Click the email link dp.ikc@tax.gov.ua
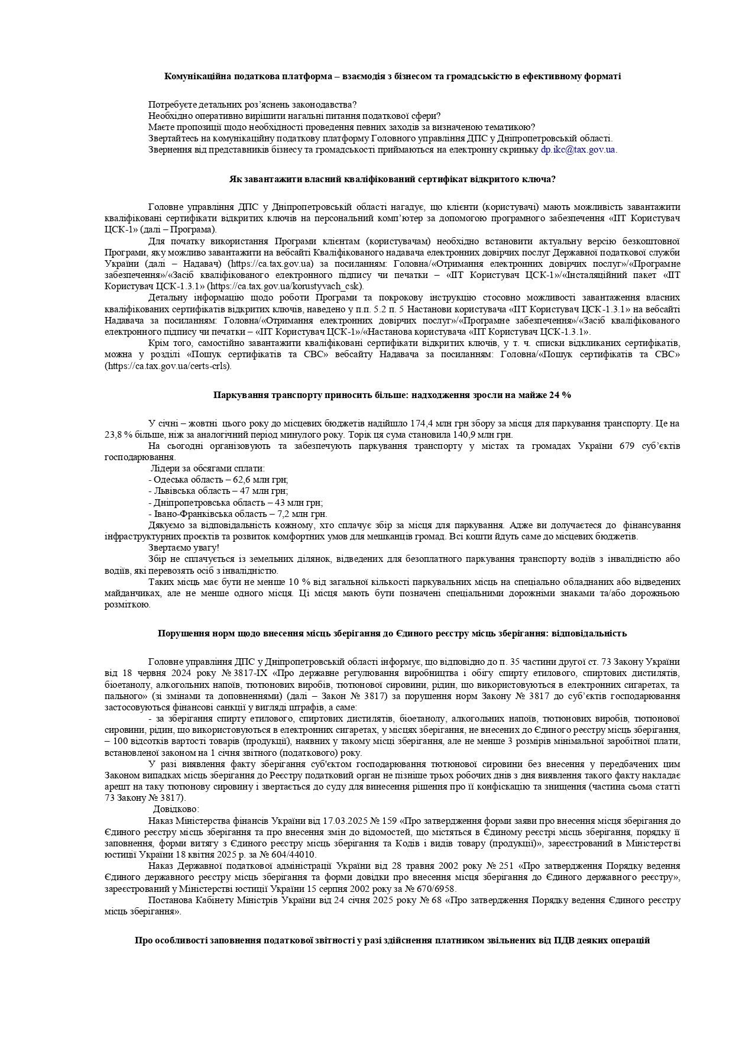click(578, 150)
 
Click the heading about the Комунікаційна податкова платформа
click(393, 76)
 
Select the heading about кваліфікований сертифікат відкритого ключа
click(392, 179)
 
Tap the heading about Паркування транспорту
click(392, 395)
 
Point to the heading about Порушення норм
click(392, 633)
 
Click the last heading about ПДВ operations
click(392, 940)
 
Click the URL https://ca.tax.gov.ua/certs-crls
click(168, 366)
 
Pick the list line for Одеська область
click(218, 480)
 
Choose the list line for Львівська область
click(218, 491)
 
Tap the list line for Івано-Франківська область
click(238, 514)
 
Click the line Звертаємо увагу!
click(184, 548)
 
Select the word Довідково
click(176, 809)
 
